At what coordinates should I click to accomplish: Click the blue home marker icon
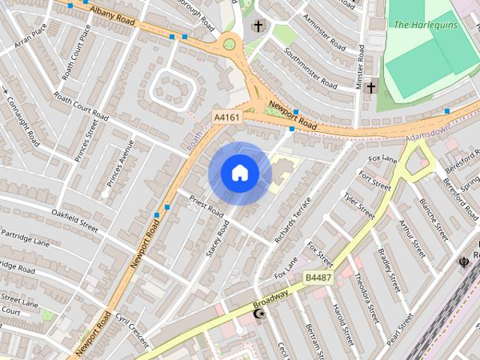pyautogui.click(x=240, y=173)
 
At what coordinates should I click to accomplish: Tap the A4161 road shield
pyautogui.click(x=227, y=118)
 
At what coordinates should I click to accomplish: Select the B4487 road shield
pyautogui.click(x=318, y=277)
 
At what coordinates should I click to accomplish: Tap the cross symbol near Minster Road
pyautogui.click(x=370, y=88)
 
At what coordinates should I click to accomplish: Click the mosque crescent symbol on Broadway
pyautogui.click(x=260, y=313)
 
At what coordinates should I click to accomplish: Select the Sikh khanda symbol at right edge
pyautogui.click(x=464, y=262)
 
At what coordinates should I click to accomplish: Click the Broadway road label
pyautogui.click(x=270, y=298)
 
